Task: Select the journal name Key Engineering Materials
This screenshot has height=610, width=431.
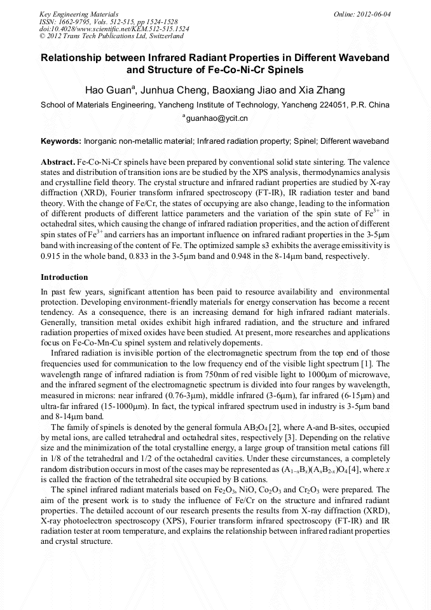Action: click(x=79, y=14)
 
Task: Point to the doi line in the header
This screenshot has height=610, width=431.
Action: click(x=114, y=29)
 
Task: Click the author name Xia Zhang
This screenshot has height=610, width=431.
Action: click(x=321, y=90)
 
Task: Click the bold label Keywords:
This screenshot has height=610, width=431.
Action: click(x=62, y=141)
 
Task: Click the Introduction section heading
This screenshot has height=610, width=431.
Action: click(x=64, y=277)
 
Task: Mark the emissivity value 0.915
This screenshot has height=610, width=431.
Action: click(x=51, y=256)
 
